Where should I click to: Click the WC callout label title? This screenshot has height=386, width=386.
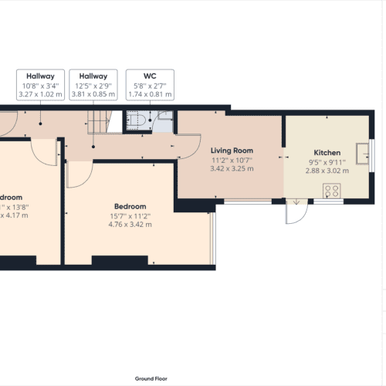click(151, 76)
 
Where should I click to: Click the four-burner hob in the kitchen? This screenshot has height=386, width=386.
click(334, 190)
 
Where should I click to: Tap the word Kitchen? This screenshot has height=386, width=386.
click(327, 153)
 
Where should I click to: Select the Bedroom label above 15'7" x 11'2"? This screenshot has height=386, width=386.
click(130, 206)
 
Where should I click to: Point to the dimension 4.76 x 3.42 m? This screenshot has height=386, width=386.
click(130, 224)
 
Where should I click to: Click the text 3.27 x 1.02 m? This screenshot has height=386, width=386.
click(39, 93)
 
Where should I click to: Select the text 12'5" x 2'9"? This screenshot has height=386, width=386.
click(94, 85)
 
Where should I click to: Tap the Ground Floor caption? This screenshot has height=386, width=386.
click(151, 379)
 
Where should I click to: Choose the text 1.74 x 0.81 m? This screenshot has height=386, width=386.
click(151, 93)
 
